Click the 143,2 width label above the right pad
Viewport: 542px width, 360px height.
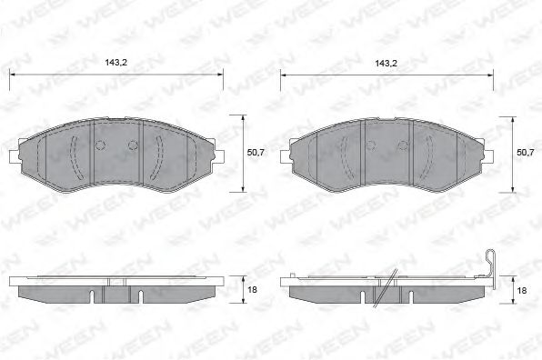pyautogui.click(x=386, y=64)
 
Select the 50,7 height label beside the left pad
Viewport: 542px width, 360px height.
pyautogui.click(x=256, y=153)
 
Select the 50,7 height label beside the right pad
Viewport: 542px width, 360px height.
pyautogui.click(x=525, y=153)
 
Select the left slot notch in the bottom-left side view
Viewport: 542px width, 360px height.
pyautogui.click(x=94, y=295)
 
